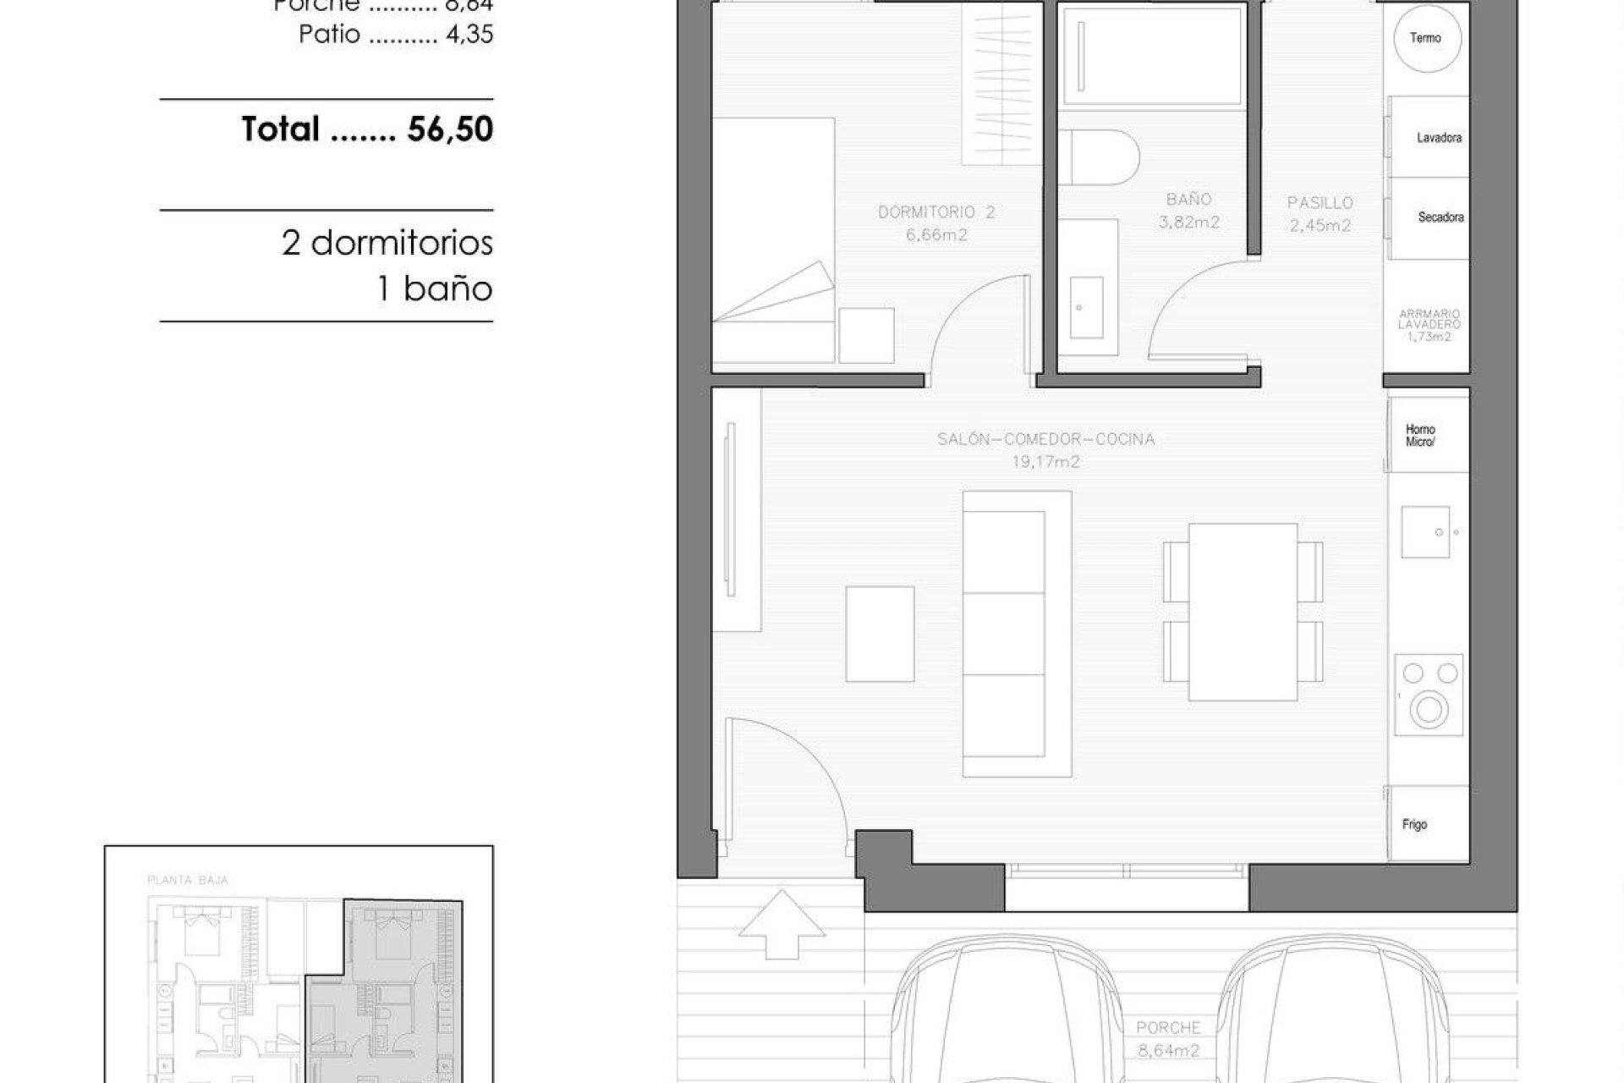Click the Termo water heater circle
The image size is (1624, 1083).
point(1426,38)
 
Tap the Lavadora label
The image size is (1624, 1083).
point(1439,138)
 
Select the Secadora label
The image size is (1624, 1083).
point(1440,217)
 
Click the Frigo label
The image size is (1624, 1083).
point(1414,824)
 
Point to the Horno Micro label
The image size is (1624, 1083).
point(1420,436)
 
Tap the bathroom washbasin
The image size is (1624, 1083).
point(1087,306)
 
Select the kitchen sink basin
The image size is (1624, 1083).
point(1425,532)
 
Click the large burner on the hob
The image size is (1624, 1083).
point(1429,708)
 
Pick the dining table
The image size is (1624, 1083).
point(1243,612)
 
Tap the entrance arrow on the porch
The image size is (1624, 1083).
point(782,924)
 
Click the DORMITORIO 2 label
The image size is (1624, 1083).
point(936,212)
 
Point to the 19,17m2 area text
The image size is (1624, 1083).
point(1045,462)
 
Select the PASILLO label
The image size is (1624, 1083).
point(1319,203)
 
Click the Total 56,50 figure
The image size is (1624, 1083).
point(450,129)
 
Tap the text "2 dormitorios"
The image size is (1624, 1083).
point(387,244)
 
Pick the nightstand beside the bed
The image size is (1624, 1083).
point(866,335)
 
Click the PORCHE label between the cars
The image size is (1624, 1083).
point(1168,1028)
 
